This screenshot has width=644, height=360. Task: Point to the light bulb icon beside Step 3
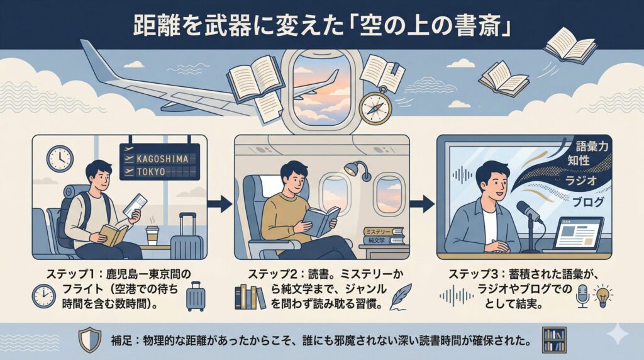click(604, 295)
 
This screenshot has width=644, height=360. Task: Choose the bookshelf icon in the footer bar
click(553, 340)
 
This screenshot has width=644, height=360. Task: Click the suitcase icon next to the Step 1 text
click(195, 296)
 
